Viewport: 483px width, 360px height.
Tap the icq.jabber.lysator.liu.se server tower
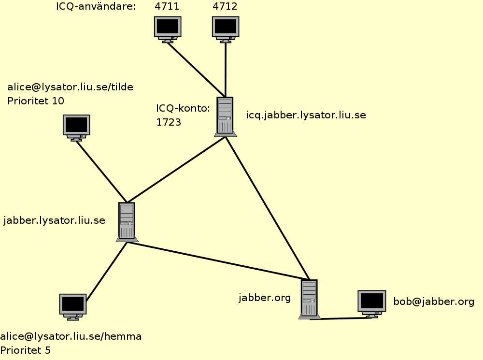pyautogui.click(x=225, y=116)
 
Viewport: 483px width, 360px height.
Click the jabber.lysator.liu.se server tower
pyautogui.click(x=127, y=221)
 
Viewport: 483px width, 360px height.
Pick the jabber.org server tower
pyautogui.click(x=309, y=299)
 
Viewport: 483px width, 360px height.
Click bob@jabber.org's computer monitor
pyautogui.click(x=371, y=302)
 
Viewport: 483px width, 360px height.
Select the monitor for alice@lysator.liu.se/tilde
pyautogui.click(x=76, y=126)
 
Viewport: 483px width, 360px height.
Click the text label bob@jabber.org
pyautogui.click(x=434, y=302)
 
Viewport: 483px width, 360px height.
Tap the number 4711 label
pyautogui.click(x=167, y=6)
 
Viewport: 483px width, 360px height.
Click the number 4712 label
pyautogui.click(x=225, y=6)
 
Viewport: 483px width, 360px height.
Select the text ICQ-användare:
pyautogui.click(x=96, y=6)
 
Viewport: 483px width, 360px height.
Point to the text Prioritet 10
pyautogui.click(x=36, y=101)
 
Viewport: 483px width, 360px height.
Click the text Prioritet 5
pyautogui.click(x=25, y=350)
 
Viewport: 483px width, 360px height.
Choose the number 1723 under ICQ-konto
pyautogui.click(x=169, y=122)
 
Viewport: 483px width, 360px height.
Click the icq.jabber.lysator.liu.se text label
pyautogui.click(x=306, y=115)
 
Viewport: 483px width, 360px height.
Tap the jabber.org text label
pyautogui.click(x=265, y=297)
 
